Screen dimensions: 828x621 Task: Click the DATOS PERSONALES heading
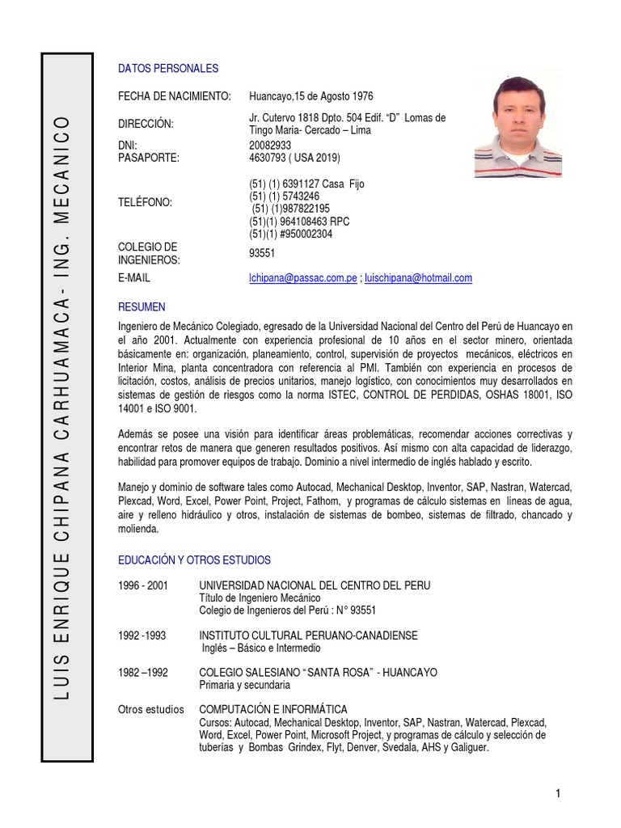pyautogui.click(x=168, y=69)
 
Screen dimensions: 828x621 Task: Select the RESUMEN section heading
pyautogui.click(x=142, y=307)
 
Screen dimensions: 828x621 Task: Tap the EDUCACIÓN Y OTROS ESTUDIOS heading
pyautogui.click(x=194, y=560)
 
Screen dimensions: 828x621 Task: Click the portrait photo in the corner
pyautogui.click(x=517, y=127)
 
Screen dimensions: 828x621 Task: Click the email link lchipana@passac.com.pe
pyautogui.click(x=302, y=278)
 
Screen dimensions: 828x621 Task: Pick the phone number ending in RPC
pyautogui.click(x=299, y=222)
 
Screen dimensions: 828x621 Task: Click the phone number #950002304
pyautogui.click(x=290, y=234)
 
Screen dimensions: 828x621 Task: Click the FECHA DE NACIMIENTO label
pyautogui.click(x=175, y=96)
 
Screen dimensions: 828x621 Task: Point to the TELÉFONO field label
pyautogui.click(x=146, y=202)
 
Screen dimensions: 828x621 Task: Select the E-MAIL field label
pyautogui.click(x=134, y=278)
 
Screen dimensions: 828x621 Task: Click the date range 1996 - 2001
pyautogui.click(x=143, y=585)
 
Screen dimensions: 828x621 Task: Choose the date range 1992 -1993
pyautogui.click(x=142, y=636)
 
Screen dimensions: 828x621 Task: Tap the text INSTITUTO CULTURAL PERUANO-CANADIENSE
pyautogui.click(x=308, y=636)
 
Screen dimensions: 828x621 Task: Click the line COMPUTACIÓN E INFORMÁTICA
pyautogui.click(x=272, y=709)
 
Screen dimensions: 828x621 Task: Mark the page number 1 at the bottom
pyautogui.click(x=558, y=793)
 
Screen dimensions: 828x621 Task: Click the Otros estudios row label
pyautogui.click(x=150, y=709)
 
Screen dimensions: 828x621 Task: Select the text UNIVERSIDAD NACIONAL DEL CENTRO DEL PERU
pyautogui.click(x=315, y=585)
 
